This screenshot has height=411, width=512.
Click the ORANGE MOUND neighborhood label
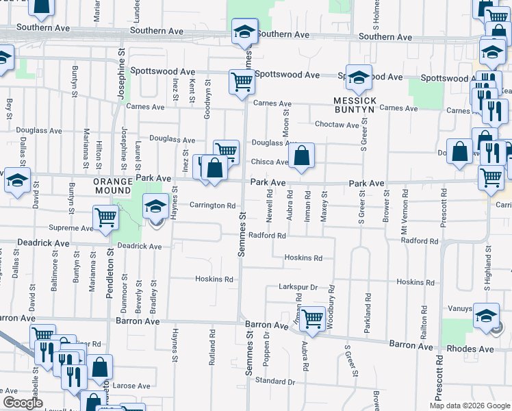(x=112, y=182)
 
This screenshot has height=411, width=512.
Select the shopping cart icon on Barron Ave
(x=312, y=318)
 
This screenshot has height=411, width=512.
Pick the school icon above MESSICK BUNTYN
(x=358, y=77)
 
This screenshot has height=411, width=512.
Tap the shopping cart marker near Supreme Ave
(x=105, y=217)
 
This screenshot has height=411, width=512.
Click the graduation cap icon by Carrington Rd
(x=155, y=205)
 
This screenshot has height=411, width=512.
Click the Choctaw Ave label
(x=337, y=125)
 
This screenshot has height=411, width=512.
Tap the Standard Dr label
(x=274, y=381)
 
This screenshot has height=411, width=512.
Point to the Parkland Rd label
(x=368, y=319)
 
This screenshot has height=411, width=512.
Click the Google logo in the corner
(x=23, y=402)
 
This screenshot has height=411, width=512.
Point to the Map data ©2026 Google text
(x=469, y=406)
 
